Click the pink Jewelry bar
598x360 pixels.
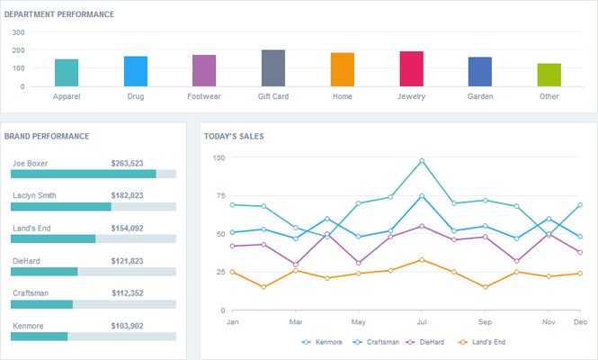[411, 68]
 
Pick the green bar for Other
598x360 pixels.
[549, 75]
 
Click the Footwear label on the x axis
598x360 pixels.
[204, 96]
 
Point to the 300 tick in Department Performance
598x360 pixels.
[18, 32]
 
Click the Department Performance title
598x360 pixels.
[59, 14]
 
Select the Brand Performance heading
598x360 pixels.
[47, 136]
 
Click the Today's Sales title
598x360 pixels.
[234, 136]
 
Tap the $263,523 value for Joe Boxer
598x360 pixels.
[127, 164]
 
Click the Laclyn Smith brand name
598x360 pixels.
[34, 196]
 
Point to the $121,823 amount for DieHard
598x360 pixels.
[127, 261]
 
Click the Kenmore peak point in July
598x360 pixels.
[422, 161]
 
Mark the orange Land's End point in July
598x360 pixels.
[422, 260]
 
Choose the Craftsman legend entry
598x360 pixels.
[375, 342]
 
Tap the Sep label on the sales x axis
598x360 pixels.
[485, 321]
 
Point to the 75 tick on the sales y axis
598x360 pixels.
[219, 195]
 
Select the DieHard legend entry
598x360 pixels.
[427, 342]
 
